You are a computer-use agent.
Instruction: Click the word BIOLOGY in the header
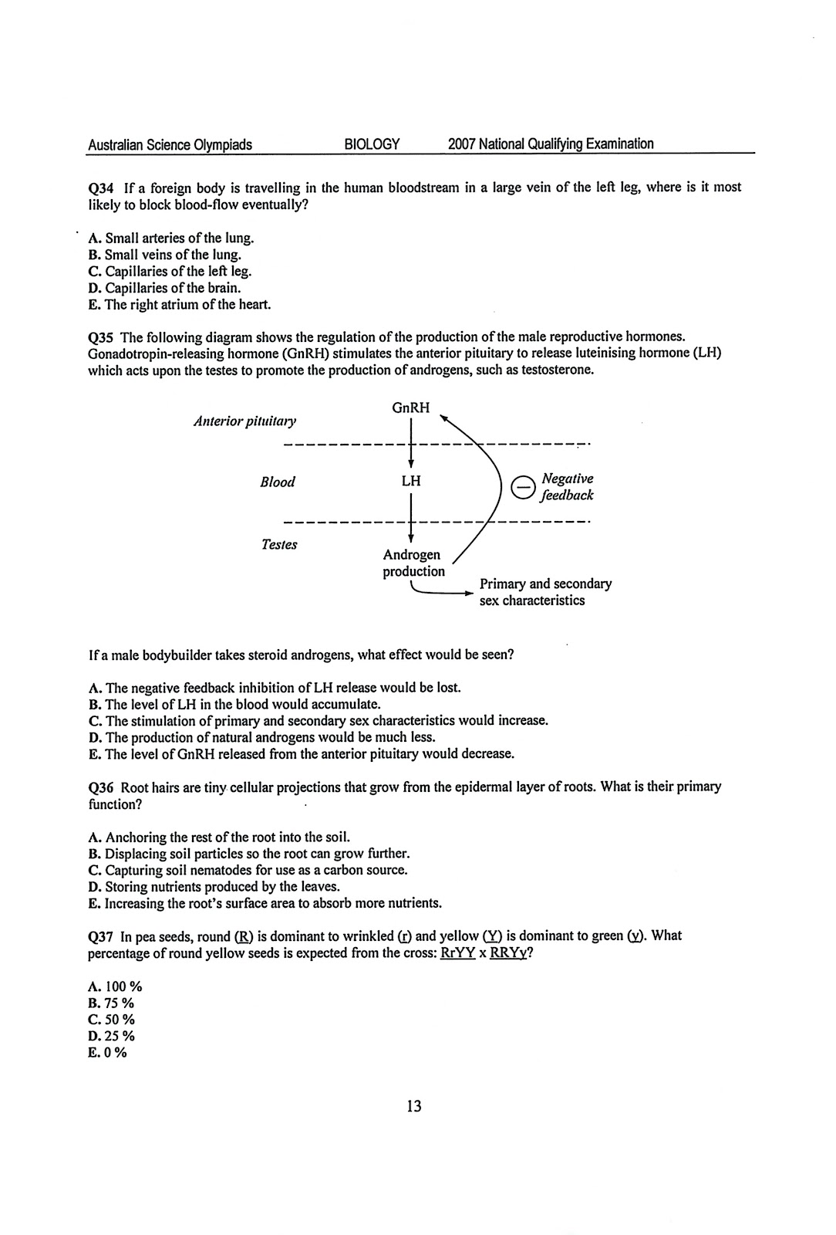point(371,144)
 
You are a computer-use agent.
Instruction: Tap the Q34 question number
point(102,188)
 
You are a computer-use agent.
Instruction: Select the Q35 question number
point(102,337)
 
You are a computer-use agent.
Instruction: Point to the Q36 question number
point(102,787)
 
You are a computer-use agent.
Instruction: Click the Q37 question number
point(102,936)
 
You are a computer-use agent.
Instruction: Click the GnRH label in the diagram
point(410,408)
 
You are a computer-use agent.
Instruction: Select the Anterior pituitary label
point(244,421)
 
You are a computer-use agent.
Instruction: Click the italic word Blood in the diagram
point(278,482)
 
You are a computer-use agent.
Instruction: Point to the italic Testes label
point(279,545)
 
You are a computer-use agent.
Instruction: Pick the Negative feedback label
point(568,487)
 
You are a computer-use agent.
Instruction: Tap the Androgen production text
point(413,563)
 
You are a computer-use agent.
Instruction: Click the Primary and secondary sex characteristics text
point(544,592)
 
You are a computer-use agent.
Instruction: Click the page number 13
point(413,1107)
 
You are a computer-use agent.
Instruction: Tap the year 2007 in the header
point(461,144)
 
